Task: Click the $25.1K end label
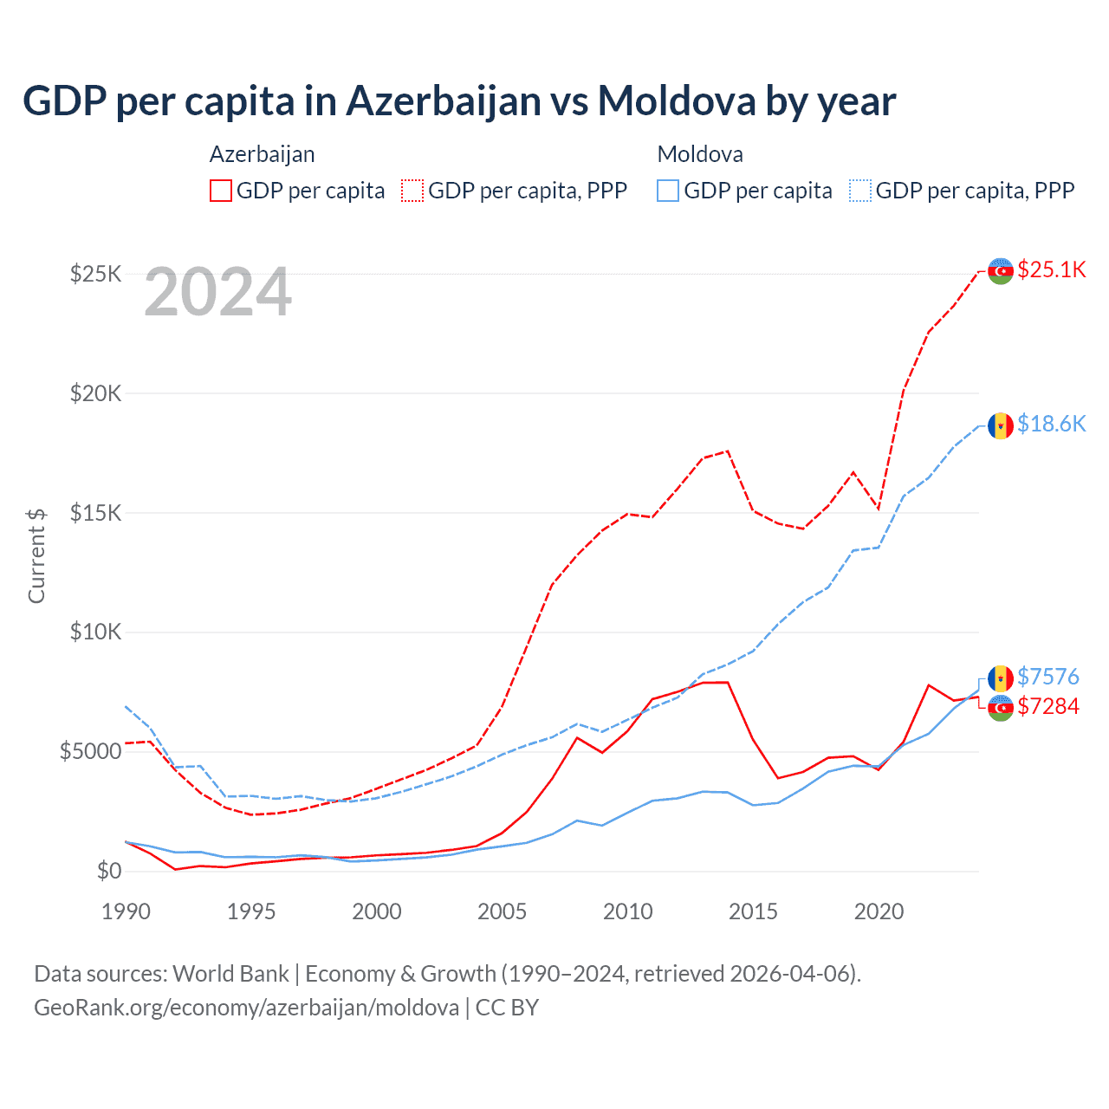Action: (x=1051, y=269)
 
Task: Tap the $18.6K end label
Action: (x=1051, y=424)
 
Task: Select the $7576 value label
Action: (x=1047, y=677)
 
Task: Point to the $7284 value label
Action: (x=1047, y=706)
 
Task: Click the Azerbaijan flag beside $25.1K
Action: (x=1001, y=270)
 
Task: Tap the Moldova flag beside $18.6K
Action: (x=1001, y=425)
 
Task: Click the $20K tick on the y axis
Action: (x=95, y=394)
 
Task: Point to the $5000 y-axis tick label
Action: (x=90, y=751)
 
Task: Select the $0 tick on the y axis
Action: (x=108, y=871)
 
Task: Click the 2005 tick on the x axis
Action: (x=503, y=911)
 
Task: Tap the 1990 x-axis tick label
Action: (x=126, y=911)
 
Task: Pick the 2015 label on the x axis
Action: (x=753, y=911)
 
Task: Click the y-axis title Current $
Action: (x=36, y=555)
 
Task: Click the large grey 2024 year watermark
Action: (x=217, y=293)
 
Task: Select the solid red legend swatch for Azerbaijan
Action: (x=221, y=191)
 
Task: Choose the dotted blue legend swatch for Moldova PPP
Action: (x=860, y=191)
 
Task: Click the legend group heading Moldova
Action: (x=700, y=154)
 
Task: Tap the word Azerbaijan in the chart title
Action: (x=444, y=101)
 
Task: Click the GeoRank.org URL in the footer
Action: (x=247, y=1008)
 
